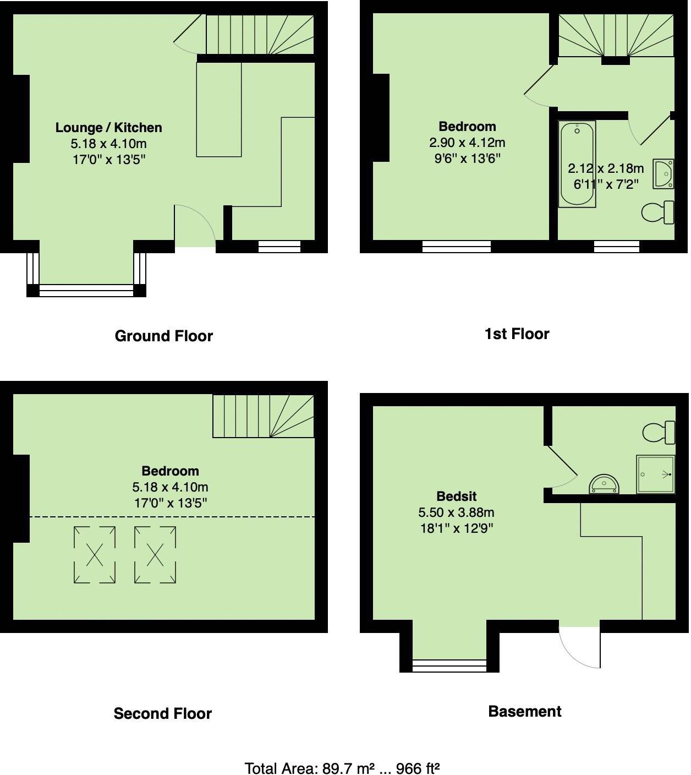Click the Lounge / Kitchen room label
pos(108,128)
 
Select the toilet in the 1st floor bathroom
pos(657,212)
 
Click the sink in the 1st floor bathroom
pos(663,174)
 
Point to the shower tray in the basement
pos(655,474)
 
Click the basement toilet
pos(659,432)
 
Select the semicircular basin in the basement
pos(604,484)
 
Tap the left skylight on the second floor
pos(95,554)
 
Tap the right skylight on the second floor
pos(155,554)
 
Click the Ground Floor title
pos(163,336)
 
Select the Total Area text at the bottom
pos(342,768)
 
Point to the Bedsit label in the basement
pos(456,496)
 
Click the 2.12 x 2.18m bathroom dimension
pos(605,168)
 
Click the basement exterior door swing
pos(579,646)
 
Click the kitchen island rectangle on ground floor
pos(218,109)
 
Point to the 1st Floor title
pos(517,334)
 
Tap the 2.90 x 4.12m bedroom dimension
pos(467,143)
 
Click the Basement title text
pos(524,711)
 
